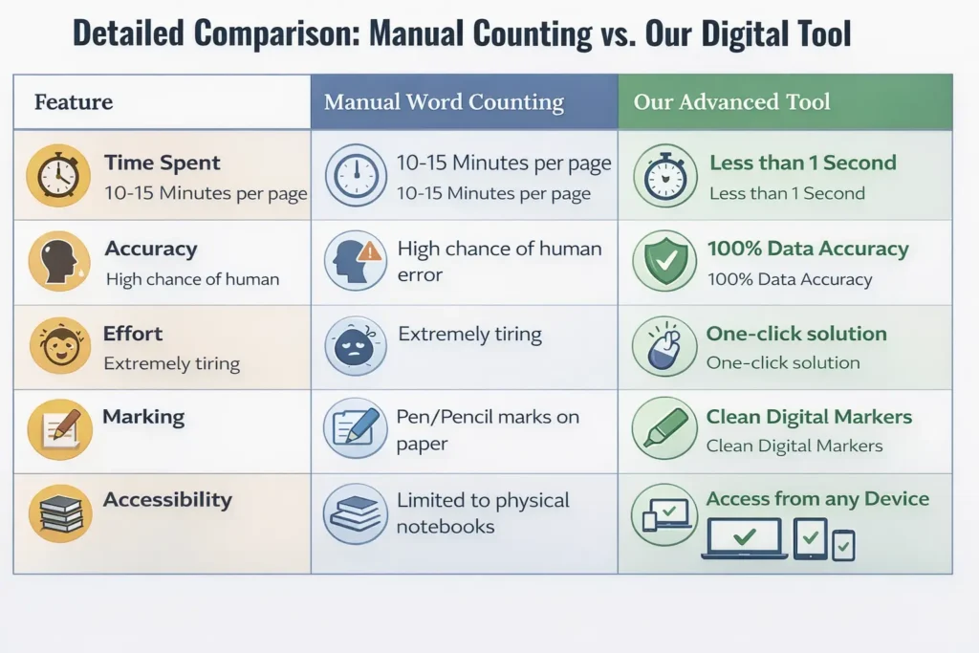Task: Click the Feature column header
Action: pyautogui.click(x=74, y=102)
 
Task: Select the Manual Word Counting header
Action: pyautogui.click(x=444, y=102)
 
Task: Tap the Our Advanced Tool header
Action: pyautogui.click(x=731, y=102)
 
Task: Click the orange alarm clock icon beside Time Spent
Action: pyautogui.click(x=58, y=176)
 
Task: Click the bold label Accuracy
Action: pyautogui.click(x=150, y=250)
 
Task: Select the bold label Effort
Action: pyautogui.click(x=133, y=334)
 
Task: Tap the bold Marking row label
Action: pyautogui.click(x=143, y=417)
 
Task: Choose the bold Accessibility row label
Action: pyautogui.click(x=167, y=500)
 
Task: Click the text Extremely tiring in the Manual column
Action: pyautogui.click(x=469, y=335)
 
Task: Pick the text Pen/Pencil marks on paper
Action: pyautogui.click(x=488, y=430)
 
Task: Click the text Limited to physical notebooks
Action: pyautogui.click(x=483, y=513)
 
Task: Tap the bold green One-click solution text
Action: pyautogui.click(x=796, y=334)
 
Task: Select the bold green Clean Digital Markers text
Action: pyautogui.click(x=809, y=417)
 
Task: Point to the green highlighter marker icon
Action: pyautogui.click(x=664, y=428)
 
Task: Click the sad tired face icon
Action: pyautogui.click(x=356, y=345)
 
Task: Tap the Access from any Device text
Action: pyautogui.click(x=817, y=499)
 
